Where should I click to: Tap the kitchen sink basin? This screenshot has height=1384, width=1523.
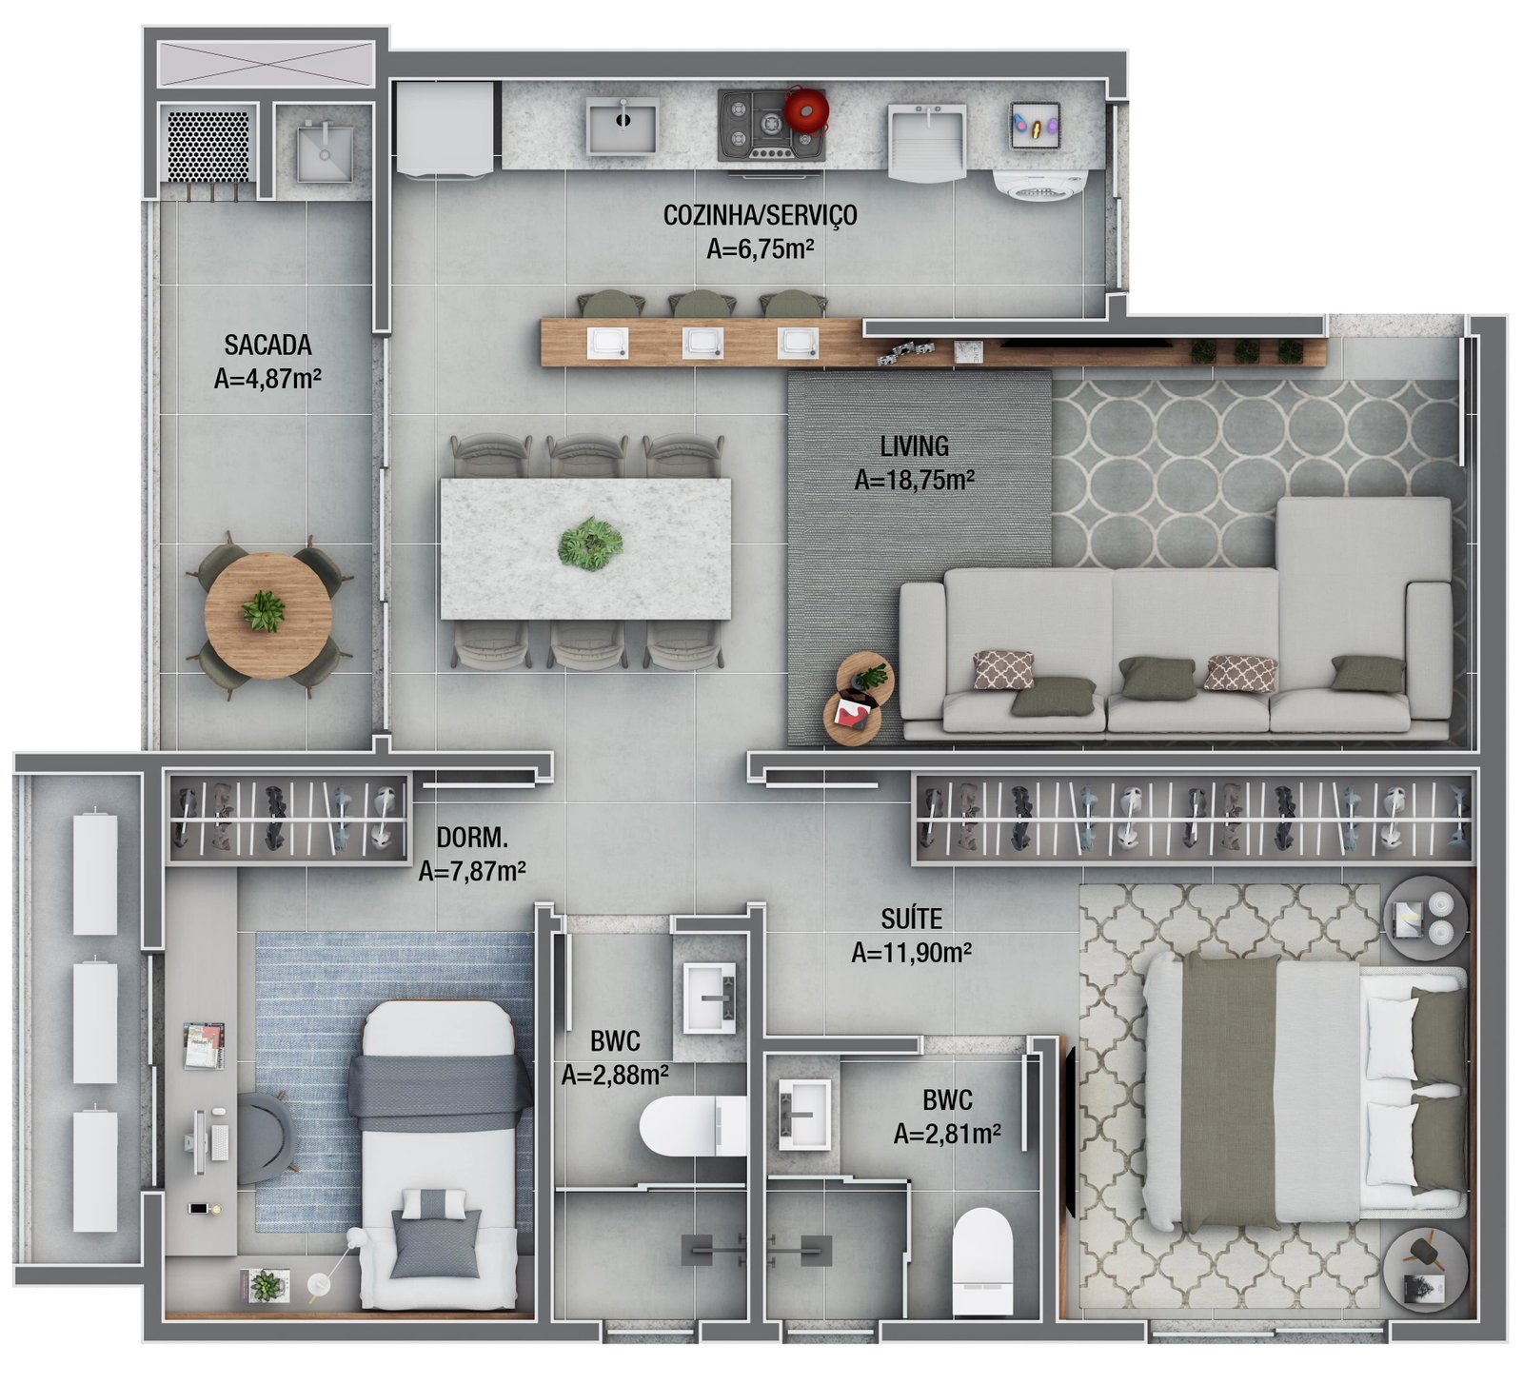tap(623, 126)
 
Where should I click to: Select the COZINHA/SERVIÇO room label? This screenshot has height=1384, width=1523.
tap(760, 215)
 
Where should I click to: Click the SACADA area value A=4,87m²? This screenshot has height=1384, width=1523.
tap(267, 379)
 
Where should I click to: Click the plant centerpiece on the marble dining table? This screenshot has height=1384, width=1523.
tap(590, 544)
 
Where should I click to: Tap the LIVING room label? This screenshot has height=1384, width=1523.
tap(914, 445)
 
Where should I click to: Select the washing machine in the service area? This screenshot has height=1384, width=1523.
tap(1039, 185)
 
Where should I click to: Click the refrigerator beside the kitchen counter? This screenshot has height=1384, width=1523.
tap(445, 129)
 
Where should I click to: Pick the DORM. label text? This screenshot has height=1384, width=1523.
tap(472, 838)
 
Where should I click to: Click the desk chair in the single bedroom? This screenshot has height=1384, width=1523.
tap(266, 1137)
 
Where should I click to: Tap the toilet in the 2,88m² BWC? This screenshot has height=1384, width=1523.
tap(693, 1126)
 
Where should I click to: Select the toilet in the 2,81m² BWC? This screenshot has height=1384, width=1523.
tap(981, 1248)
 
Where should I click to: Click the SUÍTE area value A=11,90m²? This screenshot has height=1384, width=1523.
tap(911, 953)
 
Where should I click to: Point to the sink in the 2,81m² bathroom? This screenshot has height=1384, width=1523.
tap(803, 1114)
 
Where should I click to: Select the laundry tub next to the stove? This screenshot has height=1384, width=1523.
tap(927, 141)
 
